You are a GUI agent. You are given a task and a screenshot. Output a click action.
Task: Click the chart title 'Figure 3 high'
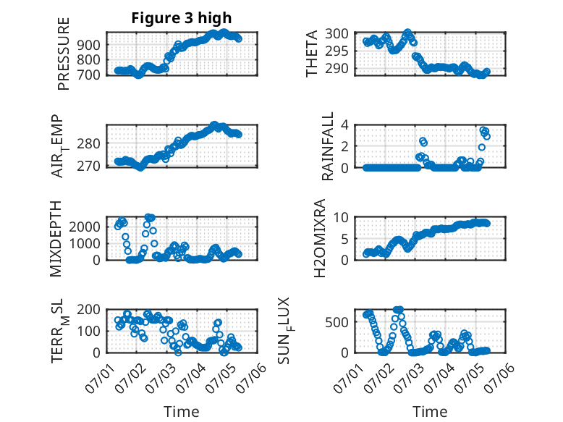[182, 18]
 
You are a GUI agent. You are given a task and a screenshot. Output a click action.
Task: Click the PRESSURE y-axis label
[63, 54]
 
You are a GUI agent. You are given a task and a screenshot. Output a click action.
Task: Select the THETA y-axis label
[312, 54]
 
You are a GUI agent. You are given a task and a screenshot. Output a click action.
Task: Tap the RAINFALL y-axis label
[328, 145]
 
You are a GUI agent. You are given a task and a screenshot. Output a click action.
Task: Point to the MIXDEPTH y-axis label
[56, 239]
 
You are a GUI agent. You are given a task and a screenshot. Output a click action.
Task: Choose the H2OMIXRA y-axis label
[319, 238]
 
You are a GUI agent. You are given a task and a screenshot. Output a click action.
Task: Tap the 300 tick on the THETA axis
[336, 34]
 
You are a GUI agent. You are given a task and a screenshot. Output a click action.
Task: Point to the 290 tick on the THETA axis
[336, 68]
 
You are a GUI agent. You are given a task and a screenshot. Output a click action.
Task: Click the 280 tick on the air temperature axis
[88, 143]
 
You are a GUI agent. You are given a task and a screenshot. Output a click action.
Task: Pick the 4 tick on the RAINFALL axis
[344, 125]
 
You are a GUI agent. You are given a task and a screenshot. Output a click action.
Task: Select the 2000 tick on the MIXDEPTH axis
[85, 227]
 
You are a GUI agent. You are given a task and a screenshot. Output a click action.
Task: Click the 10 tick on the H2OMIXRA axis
[341, 217]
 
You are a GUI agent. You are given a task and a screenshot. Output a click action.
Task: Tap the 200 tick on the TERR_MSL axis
[88, 309]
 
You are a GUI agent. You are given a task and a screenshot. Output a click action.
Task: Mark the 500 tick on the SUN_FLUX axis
[336, 322]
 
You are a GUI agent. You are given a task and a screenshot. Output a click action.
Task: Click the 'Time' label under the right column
[430, 411]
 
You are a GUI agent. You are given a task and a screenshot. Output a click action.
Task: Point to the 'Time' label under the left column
[182, 411]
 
